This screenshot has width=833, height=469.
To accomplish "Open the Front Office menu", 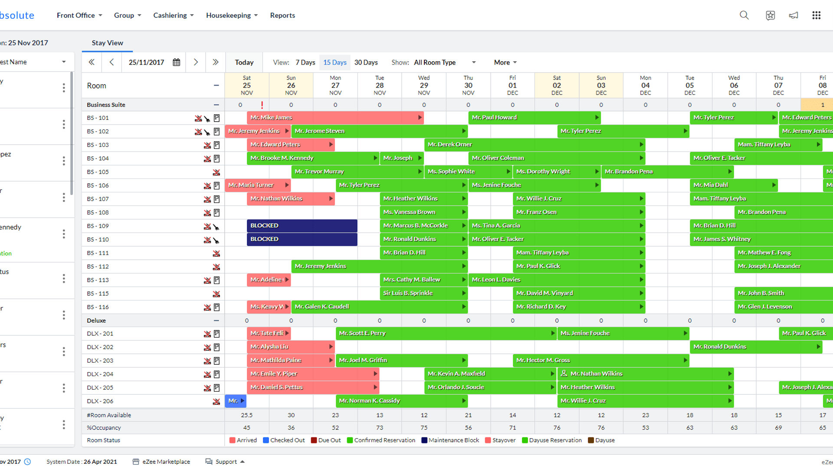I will point(79,15).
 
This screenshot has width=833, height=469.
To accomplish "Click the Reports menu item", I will point(282,15).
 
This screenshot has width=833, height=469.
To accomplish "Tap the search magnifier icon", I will point(744,15).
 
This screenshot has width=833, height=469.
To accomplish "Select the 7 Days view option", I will point(305,63).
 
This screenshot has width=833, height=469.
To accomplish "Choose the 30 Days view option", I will point(366,63).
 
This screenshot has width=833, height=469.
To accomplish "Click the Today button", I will point(244,63).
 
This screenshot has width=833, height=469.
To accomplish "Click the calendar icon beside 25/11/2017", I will point(177,63).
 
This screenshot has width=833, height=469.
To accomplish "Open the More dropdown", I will point(505,63).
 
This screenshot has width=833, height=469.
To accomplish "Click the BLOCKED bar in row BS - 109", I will point(302,226).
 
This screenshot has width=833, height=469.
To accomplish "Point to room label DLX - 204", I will point(100,374).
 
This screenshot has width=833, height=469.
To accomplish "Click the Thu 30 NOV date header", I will point(468,85).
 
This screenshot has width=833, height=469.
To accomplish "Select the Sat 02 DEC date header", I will point(557,85).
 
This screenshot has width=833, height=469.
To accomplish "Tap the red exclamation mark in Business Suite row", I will point(262,105).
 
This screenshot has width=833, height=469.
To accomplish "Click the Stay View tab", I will point(107,43).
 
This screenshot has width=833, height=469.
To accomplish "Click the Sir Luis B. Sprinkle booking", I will point(423,294).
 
